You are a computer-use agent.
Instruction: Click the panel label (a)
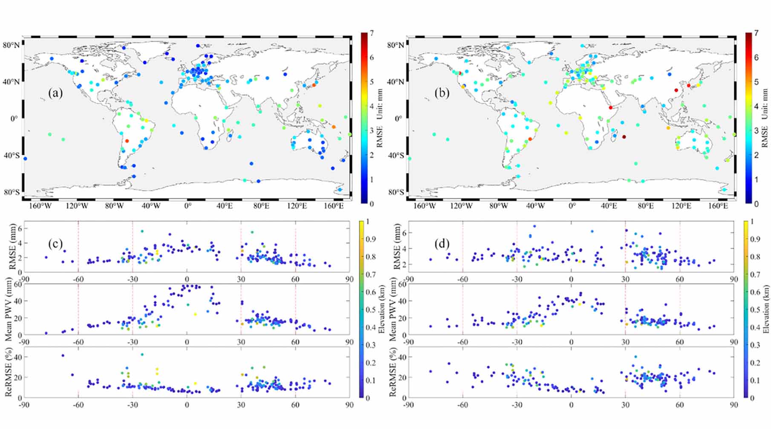(x=55, y=93)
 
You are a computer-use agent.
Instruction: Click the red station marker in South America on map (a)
(x=127, y=141)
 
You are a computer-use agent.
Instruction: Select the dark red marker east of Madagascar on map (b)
(x=624, y=137)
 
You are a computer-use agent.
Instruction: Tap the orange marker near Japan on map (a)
(x=314, y=85)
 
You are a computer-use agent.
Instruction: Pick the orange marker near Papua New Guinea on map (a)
(x=333, y=127)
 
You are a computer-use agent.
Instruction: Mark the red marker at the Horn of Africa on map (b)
(x=610, y=108)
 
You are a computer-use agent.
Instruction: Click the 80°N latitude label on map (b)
(x=395, y=45)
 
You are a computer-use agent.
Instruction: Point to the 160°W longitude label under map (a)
(x=41, y=206)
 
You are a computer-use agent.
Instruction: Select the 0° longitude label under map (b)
(x=572, y=206)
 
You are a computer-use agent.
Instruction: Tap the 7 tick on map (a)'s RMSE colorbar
(x=372, y=33)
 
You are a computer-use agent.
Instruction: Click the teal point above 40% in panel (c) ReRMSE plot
(x=142, y=354)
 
